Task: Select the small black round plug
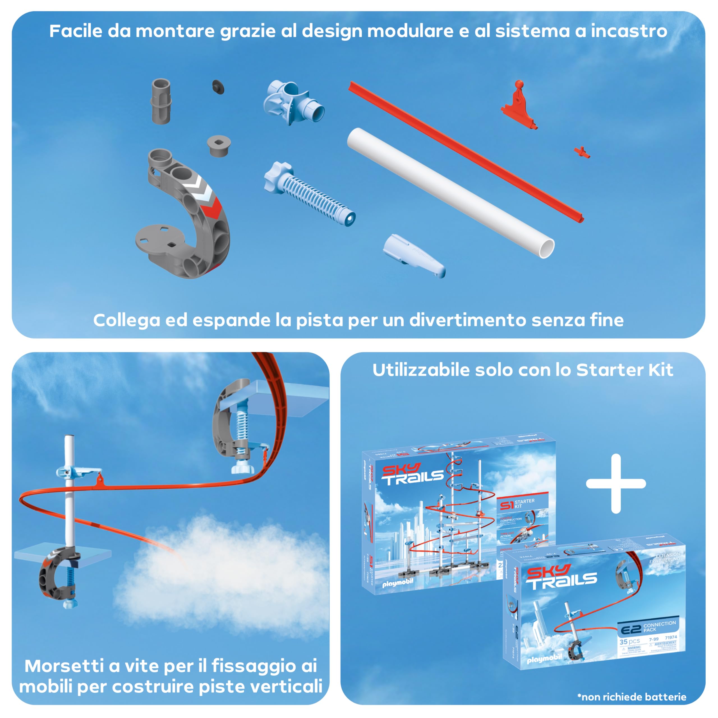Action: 218,87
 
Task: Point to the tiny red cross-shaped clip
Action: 582,152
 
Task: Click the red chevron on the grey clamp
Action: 211,208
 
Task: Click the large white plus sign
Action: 616,484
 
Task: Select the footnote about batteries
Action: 632,697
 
